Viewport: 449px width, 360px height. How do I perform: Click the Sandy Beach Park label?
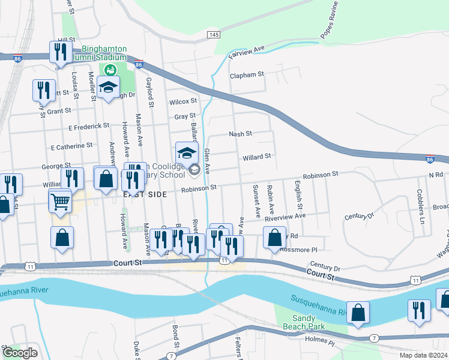[x=308, y=322]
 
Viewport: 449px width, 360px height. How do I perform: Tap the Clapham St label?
[x=247, y=75]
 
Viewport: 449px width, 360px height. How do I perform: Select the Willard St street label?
[x=257, y=157]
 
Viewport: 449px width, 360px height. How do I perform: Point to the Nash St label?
[x=240, y=134]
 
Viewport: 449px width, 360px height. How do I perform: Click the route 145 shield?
[x=213, y=35]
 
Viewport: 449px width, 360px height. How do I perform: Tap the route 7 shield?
[x=374, y=339]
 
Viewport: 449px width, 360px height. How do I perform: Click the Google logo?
[x=19, y=353]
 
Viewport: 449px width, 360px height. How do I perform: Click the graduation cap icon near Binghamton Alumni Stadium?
[x=109, y=87]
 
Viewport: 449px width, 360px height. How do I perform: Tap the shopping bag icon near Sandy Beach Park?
[x=358, y=313]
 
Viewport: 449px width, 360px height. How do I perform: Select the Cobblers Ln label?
[x=420, y=204]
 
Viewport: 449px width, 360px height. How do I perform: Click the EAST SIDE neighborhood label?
[x=144, y=194]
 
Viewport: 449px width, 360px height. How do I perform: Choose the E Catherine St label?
[x=72, y=146]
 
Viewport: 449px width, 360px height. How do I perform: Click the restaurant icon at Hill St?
[x=60, y=52]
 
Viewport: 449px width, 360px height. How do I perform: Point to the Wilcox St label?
[x=182, y=101]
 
